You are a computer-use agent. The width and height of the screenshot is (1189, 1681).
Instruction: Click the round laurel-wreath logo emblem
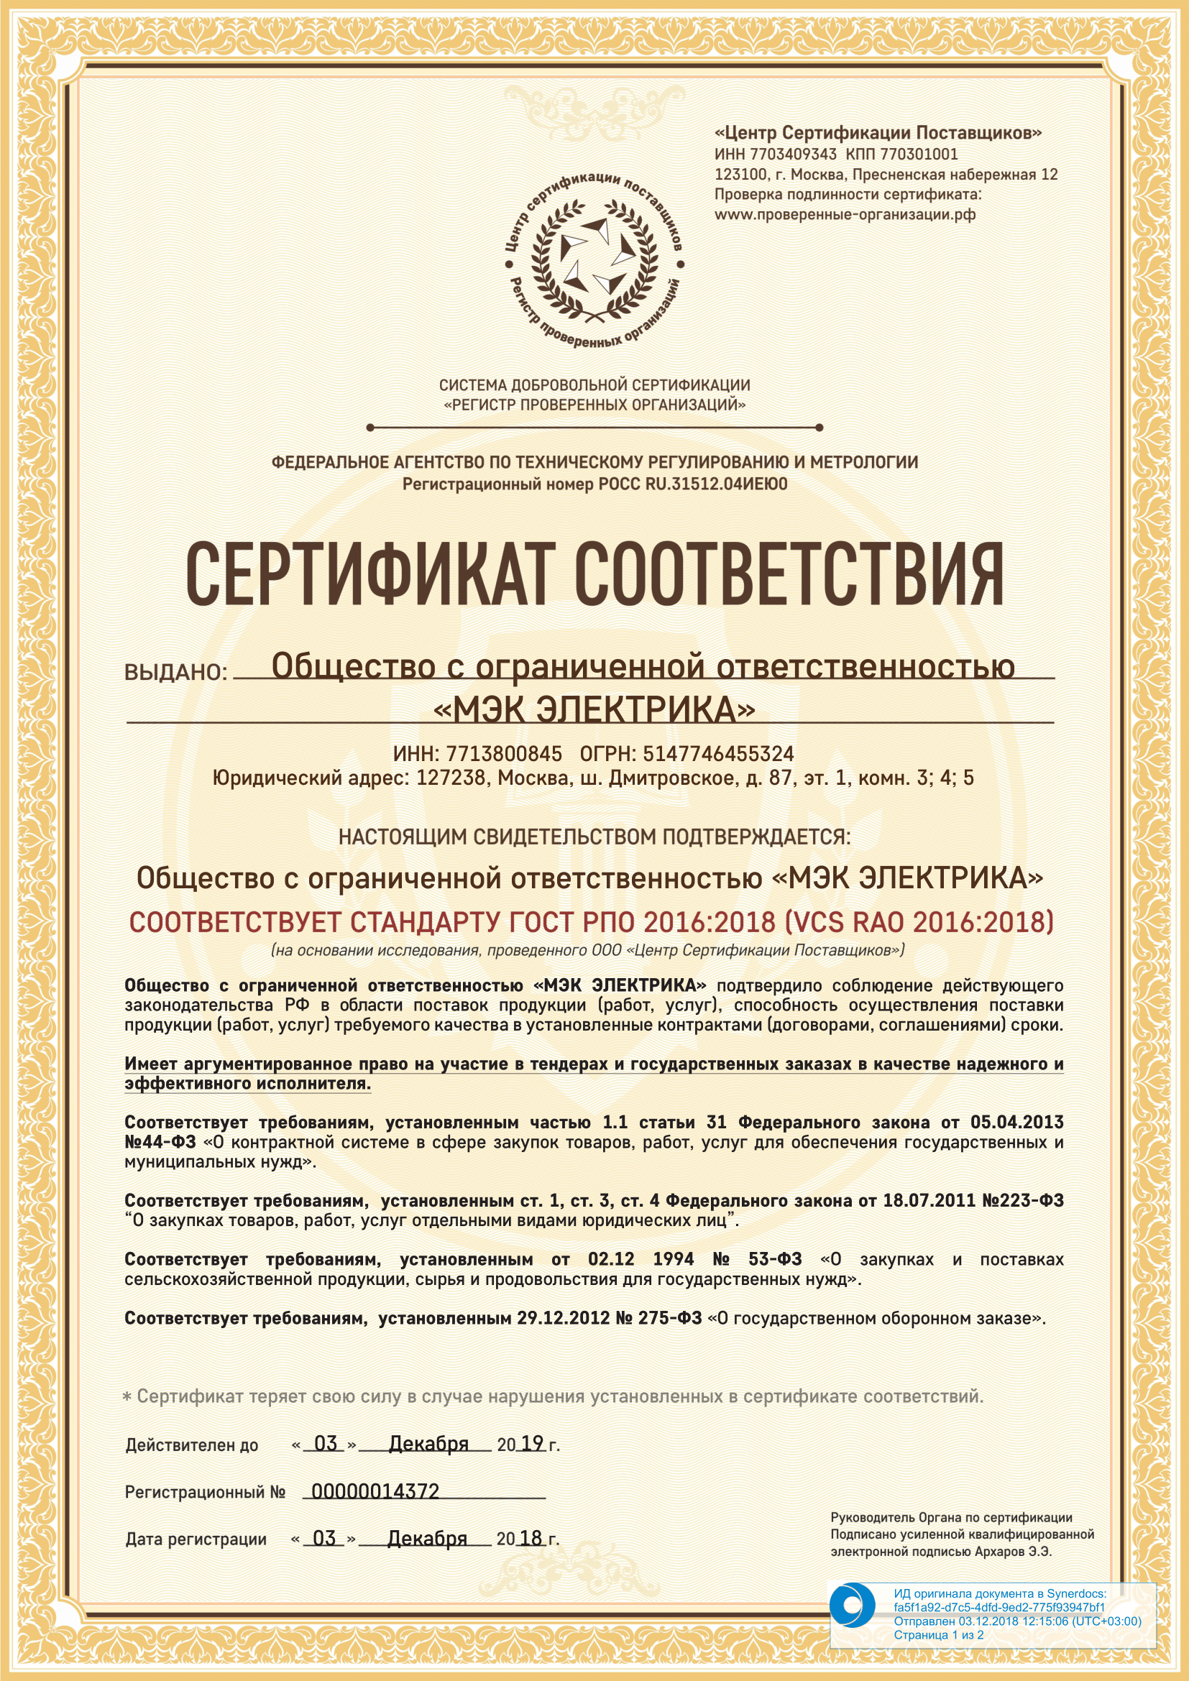pos(594,261)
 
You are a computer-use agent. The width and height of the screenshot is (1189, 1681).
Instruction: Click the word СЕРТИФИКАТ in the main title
pos(367,576)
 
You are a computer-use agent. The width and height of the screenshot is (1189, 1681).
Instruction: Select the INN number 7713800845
pos(504,754)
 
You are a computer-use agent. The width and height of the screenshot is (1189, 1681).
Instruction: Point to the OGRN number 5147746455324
pos(718,754)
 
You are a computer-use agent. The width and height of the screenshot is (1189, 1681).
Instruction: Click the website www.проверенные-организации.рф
pos(845,214)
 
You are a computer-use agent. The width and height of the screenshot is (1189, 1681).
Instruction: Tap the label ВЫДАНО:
pos(176,672)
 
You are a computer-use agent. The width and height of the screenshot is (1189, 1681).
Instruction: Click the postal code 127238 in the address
pos(450,778)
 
